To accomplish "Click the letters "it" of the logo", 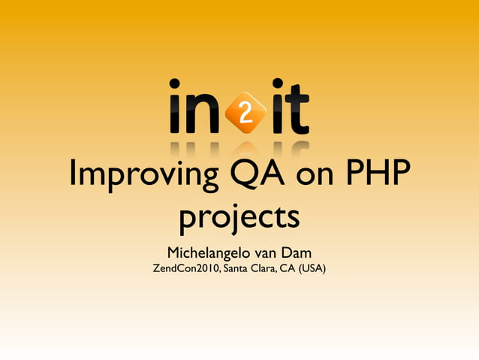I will click(x=290, y=109).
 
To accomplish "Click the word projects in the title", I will click(x=239, y=218).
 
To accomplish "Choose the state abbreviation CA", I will click(x=287, y=268).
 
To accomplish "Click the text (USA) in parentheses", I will click(x=312, y=268).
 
